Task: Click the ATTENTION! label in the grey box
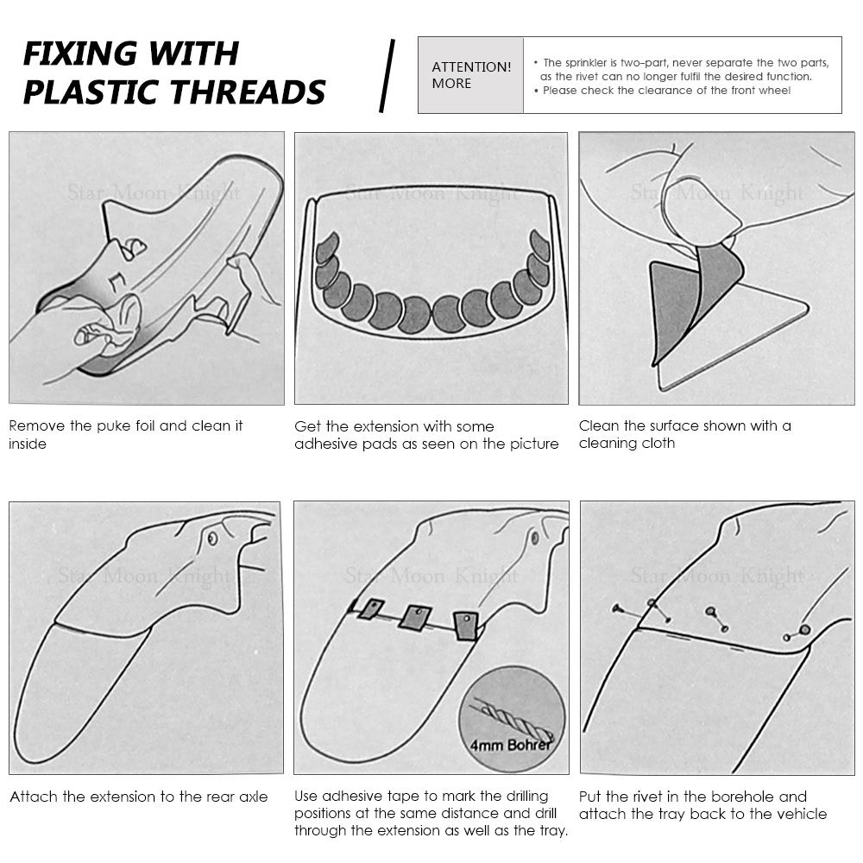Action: pos(471,67)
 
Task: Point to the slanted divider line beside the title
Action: pos(387,76)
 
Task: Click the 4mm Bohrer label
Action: pos(510,745)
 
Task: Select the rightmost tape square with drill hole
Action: pos(466,626)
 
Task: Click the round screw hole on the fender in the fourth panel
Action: pos(212,538)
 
